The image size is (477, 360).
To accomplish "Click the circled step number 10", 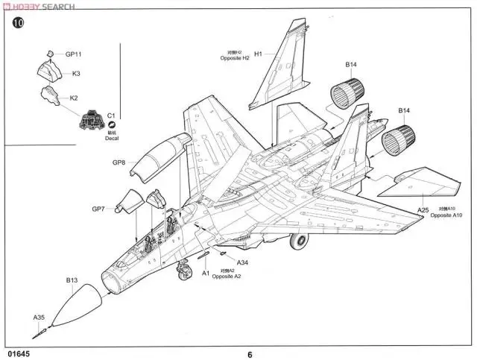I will (x=19, y=23).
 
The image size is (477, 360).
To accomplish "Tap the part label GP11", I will (x=73, y=54).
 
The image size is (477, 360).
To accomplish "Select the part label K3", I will (x=76, y=73).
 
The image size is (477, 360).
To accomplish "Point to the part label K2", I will (x=74, y=98).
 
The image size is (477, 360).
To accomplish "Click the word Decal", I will (x=111, y=138).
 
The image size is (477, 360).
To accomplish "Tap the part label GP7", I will (x=99, y=209).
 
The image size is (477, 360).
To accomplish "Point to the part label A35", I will (x=39, y=318).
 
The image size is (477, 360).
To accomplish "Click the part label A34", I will (x=242, y=262).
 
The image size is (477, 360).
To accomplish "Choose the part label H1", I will (x=258, y=54).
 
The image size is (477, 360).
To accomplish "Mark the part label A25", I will (x=423, y=210).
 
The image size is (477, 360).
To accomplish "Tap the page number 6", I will (x=250, y=354).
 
